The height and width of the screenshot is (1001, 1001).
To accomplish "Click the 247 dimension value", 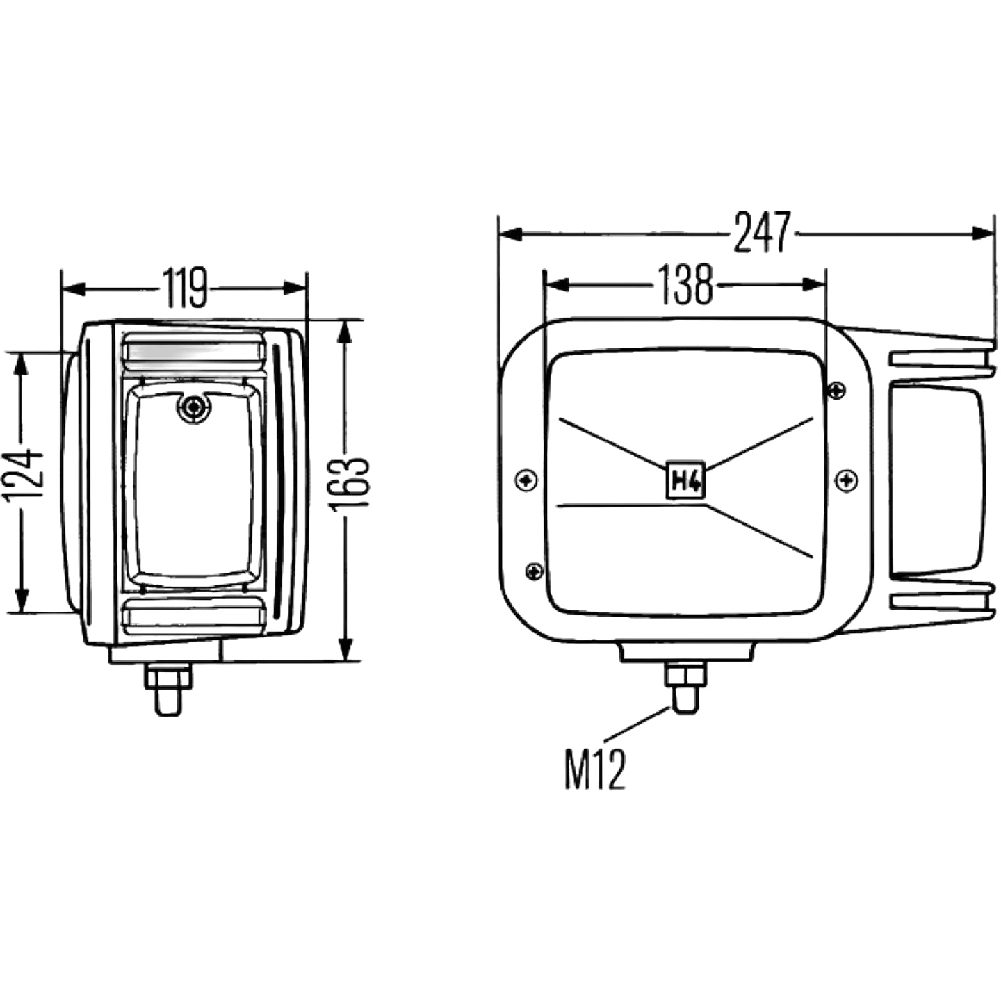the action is click(762, 232).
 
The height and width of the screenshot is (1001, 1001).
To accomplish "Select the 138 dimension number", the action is click(685, 284).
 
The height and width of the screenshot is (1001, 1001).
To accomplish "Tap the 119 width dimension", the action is click(185, 287).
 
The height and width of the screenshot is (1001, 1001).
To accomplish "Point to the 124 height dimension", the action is click(24, 476).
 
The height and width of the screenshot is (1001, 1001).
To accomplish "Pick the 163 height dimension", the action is click(350, 484).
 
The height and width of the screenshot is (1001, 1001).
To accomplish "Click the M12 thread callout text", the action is click(595, 770).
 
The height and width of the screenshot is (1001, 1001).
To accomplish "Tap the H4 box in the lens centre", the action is click(685, 480).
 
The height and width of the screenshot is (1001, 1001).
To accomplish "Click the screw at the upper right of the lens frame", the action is click(836, 391).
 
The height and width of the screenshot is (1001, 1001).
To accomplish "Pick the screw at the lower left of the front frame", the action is click(534, 572).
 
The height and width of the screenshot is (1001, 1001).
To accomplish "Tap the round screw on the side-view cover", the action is click(194, 406).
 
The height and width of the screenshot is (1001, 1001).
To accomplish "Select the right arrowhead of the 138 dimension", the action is click(814, 285).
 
